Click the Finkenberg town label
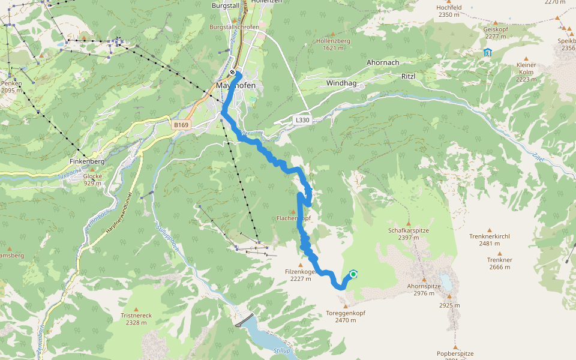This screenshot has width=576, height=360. coord(87,161)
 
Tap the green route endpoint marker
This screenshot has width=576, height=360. coord(353,274)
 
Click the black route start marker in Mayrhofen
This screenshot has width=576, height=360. coord(232,73)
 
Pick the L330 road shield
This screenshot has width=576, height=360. coord(302,120)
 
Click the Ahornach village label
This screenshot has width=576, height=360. coord(383,62)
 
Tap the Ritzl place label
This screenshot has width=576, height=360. coord(408,77)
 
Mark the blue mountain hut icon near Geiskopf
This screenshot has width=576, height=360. coord(487,52)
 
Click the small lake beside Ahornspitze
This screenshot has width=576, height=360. coord(446,280)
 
